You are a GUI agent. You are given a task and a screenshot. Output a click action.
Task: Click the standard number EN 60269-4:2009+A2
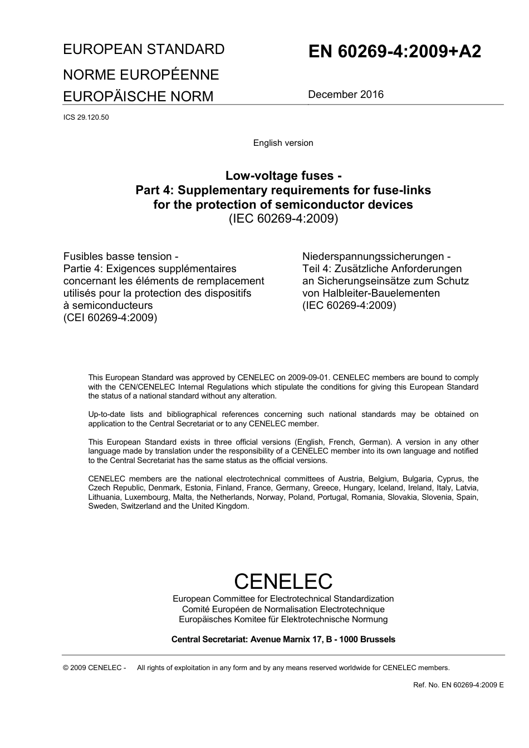tap(394, 52)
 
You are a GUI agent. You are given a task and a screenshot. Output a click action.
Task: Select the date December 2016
tap(345, 95)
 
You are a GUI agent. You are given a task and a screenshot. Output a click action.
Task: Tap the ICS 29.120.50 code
tap(86, 117)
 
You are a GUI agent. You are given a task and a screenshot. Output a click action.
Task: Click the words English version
tap(283, 143)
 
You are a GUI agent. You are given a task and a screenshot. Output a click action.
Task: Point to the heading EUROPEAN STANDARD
tap(144, 50)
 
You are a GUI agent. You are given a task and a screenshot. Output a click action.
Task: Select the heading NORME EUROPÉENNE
tap(141, 75)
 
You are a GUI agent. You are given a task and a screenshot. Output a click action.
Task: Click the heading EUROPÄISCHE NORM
tap(138, 96)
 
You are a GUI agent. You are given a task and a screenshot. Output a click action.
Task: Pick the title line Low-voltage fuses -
tap(283, 176)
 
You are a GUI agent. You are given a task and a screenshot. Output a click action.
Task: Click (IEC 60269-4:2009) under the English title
tap(283, 219)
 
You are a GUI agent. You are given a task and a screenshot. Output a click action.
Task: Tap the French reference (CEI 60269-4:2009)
tap(110, 318)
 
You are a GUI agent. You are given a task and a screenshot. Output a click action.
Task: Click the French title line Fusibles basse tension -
tap(121, 257)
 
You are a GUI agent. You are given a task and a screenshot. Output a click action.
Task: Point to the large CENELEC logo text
tap(283, 581)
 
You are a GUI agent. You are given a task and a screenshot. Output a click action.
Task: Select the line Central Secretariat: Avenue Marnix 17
tap(283, 639)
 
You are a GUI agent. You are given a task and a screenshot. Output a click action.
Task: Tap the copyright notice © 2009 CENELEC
tap(95, 668)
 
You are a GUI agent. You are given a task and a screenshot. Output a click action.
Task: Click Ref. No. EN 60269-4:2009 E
tap(458, 685)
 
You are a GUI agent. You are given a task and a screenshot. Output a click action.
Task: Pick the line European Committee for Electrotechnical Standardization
tap(283, 599)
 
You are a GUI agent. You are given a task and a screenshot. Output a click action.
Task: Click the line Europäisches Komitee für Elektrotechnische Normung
tap(283, 619)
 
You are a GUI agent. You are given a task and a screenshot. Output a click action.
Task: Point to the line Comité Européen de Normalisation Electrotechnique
tap(283, 609)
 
